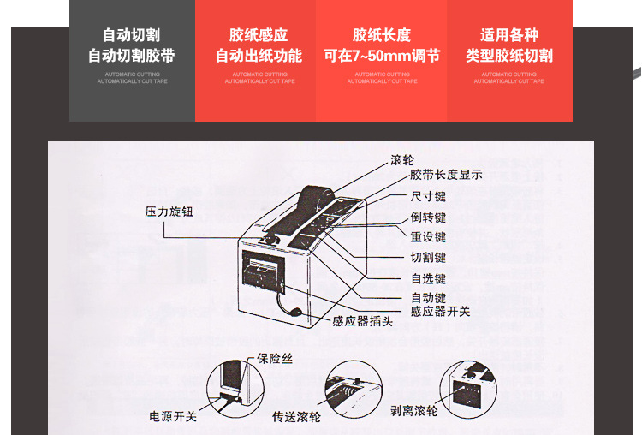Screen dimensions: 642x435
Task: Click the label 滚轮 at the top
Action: pyautogui.click(x=401, y=160)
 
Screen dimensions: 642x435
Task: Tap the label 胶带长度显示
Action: pyautogui.click(x=446, y=175)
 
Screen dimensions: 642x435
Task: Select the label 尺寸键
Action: pyautogui.click(x=428, y=196)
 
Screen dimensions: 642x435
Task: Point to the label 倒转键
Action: pyautogui.click(x=428, y=217)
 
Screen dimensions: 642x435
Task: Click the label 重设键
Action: pyautogui.click(x=428, y=237)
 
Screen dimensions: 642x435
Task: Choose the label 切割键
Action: pyautogui.click(x=428, y=258)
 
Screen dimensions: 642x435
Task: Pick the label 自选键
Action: pyautogui.click(x=428, y=278)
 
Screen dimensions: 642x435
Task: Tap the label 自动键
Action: pyautogui.click(x=428, y=297)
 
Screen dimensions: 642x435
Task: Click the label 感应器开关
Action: pyautogui.click(x=440, y=311)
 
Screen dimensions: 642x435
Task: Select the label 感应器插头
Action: pyautogui.click(x=362, y=322)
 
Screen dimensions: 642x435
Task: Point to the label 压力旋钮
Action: pyautogui.click(x=169, y=211)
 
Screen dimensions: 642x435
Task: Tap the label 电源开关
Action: pyautogui.click(x=174, y=417)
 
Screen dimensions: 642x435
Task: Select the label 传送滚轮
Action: pyautogui.click(x=297, y=417)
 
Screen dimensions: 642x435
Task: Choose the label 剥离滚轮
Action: pyautogui.click(x=413, y=411)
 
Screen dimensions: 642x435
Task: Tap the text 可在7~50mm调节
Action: pyautogui.click(x=382, y=57)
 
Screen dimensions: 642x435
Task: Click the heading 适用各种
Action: pyautogui.click(x=509, y=36)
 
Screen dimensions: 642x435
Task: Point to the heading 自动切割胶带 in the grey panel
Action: pyautogui.click(x=132, y=57)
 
